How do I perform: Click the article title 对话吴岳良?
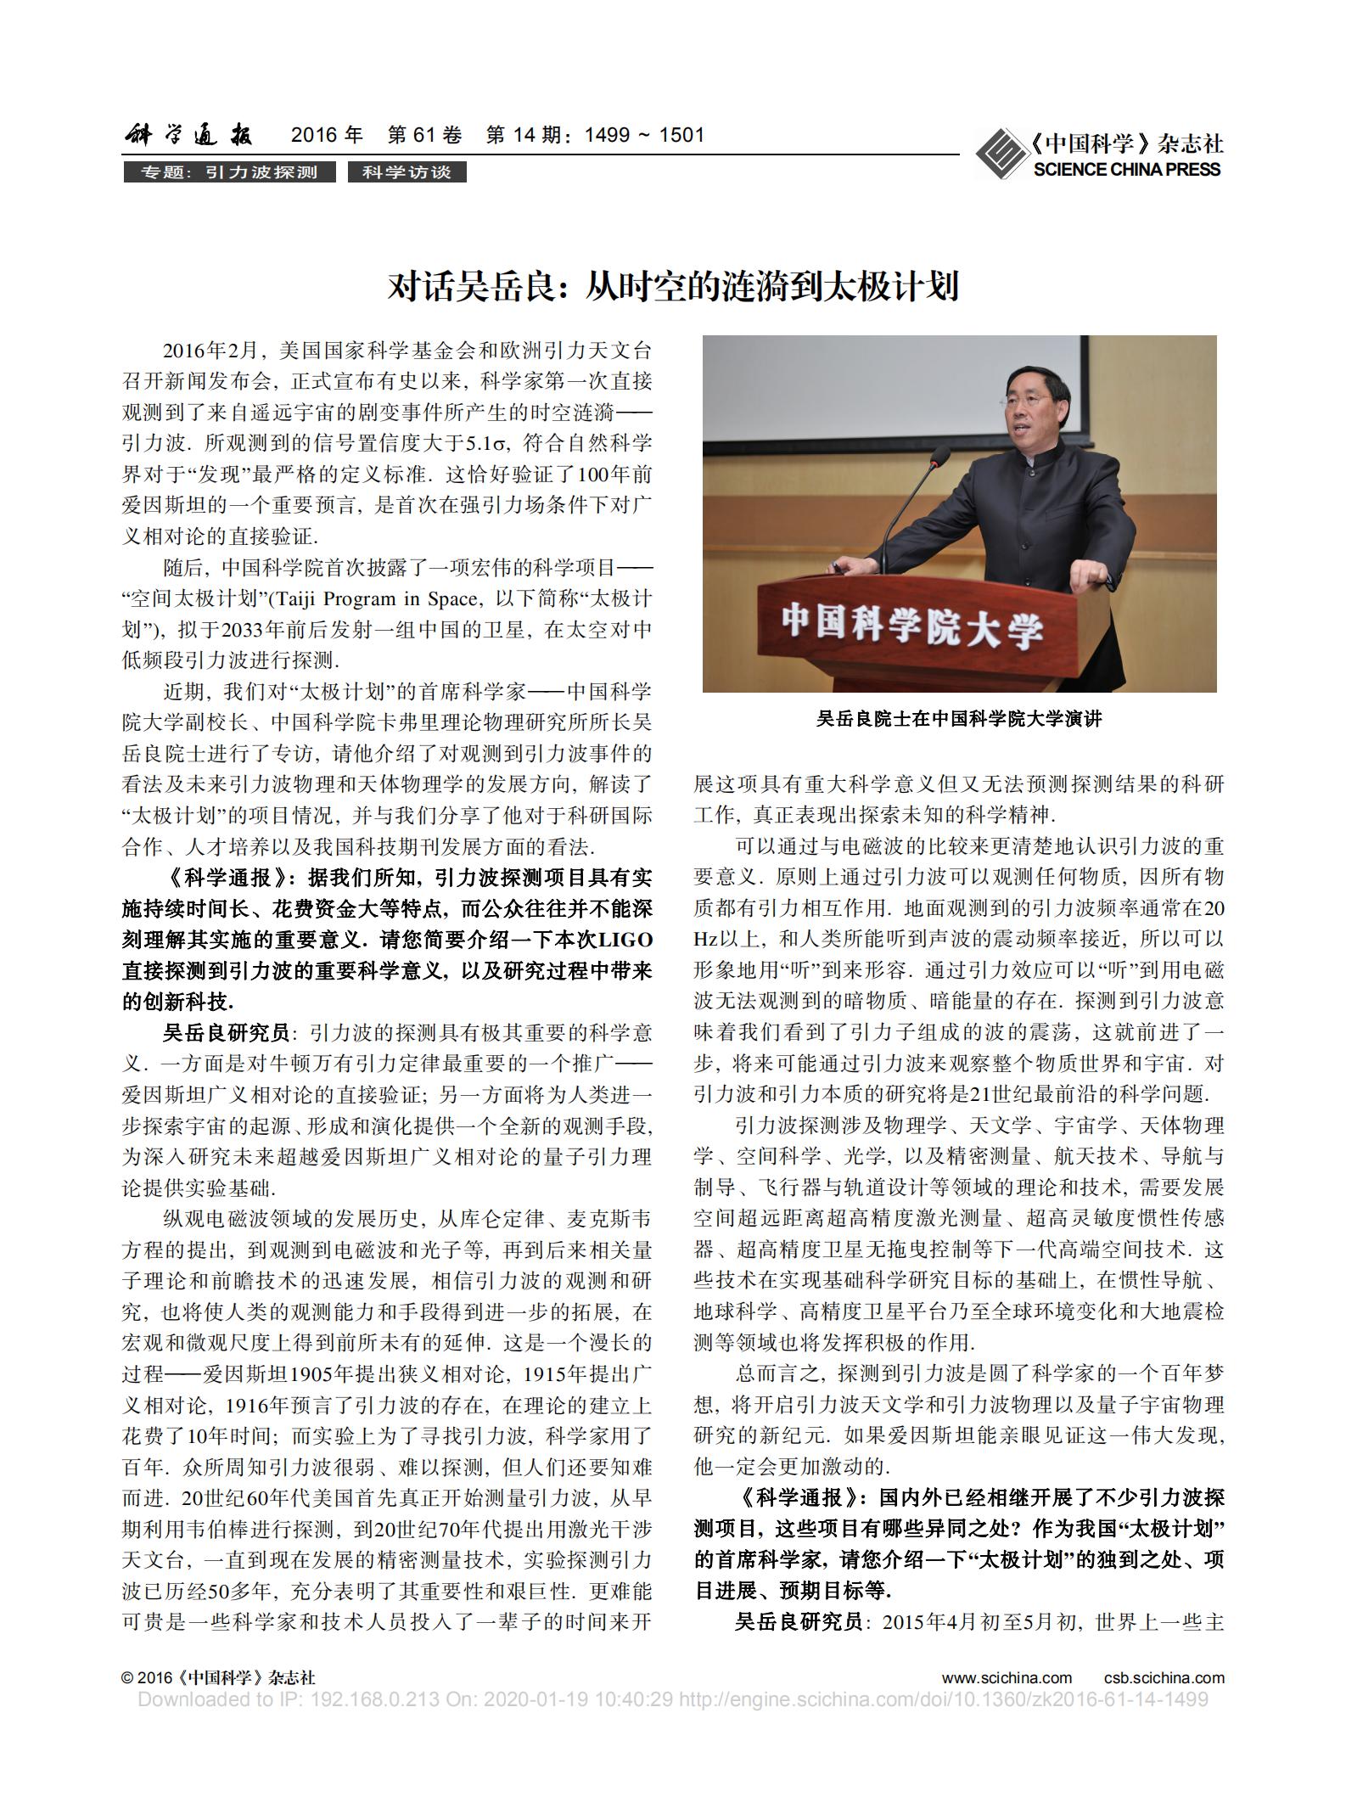[672, 287]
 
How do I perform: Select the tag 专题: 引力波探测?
[228, 172]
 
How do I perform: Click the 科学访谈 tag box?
[407, 172]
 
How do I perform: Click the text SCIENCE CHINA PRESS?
[1127, 170]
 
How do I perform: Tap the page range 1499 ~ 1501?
[644, 135]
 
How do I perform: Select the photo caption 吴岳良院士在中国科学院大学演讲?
[959, 719]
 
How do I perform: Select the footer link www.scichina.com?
[1007, 1677]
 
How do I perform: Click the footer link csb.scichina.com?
[1164, 1677]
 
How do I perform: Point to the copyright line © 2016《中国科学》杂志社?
[218, 1677]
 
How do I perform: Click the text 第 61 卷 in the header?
[424, 135]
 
